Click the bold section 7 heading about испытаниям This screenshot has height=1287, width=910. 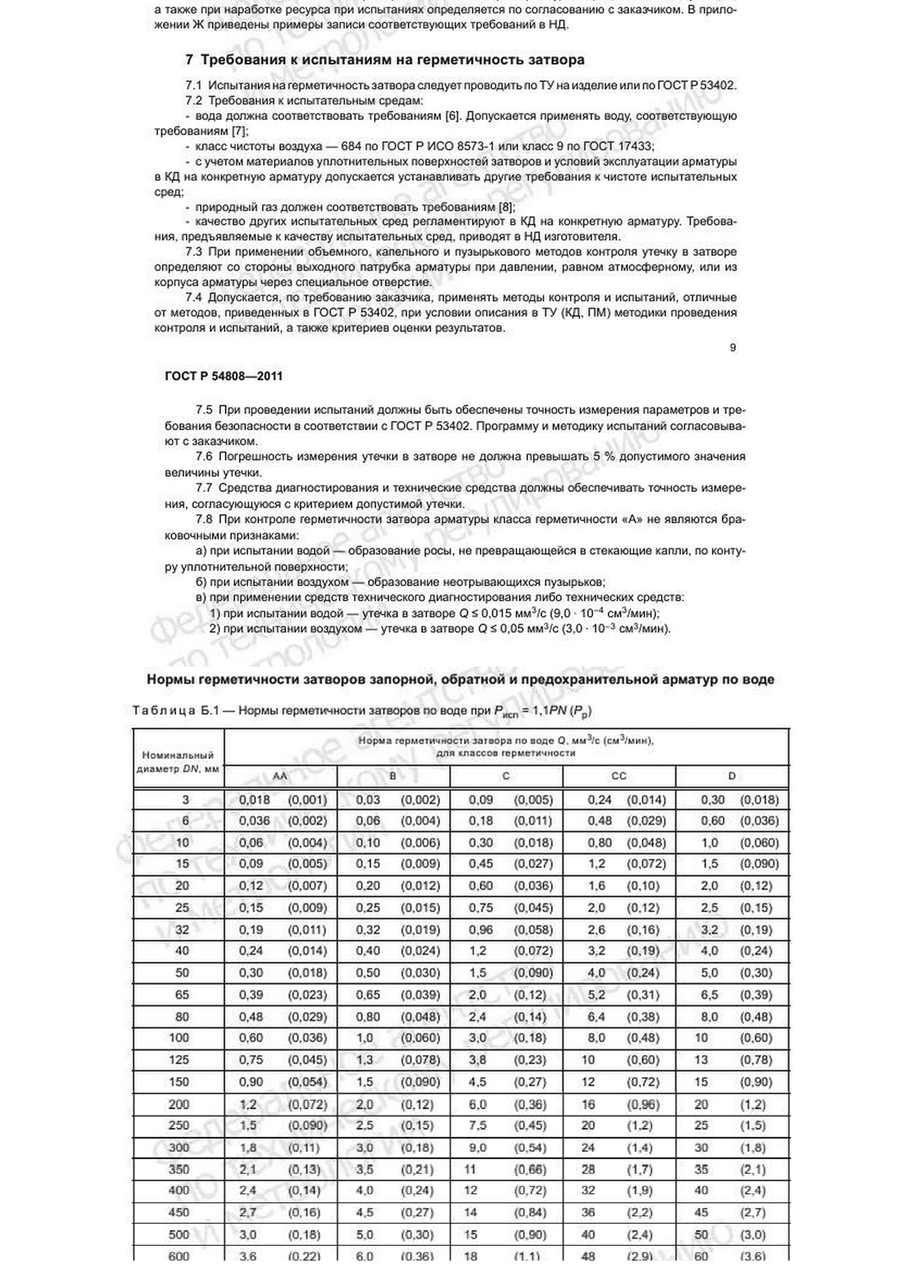385,60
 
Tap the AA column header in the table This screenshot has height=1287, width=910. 280,776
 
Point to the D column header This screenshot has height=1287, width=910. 732,776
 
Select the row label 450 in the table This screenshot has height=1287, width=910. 179,1213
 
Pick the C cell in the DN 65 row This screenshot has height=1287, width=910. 506,995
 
